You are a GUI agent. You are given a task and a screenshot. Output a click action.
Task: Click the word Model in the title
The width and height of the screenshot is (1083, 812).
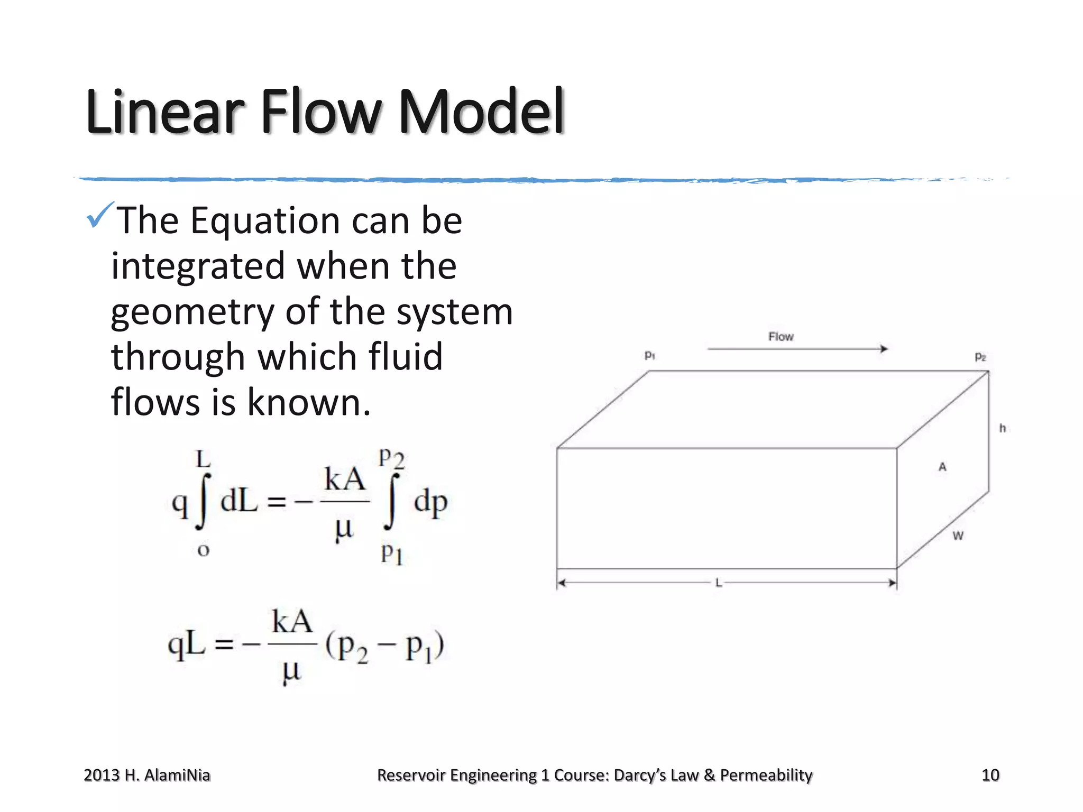point(481,112)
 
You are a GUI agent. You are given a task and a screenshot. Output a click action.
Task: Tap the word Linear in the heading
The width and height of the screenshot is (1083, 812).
point(164,112)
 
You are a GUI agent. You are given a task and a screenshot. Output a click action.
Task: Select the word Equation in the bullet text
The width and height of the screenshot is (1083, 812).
point(265,220)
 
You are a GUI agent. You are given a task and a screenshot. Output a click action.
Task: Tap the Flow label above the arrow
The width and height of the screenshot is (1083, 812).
point(781,337)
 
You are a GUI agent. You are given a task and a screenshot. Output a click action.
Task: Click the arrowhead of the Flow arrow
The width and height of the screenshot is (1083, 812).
point(884,349)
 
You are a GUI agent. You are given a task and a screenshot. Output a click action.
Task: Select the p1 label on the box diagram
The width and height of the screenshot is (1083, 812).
point(650,356)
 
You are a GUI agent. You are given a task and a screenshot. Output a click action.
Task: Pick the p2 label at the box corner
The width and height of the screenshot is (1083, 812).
point(980,357)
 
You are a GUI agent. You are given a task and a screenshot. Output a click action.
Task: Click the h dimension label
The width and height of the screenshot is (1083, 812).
point(1002,428)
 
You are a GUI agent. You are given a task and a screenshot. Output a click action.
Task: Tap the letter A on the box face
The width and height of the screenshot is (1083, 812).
point(942,467)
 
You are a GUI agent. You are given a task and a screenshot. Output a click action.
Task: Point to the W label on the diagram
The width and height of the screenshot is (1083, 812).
point(958,536)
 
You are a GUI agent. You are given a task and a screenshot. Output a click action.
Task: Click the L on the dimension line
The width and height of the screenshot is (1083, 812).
point(719,583)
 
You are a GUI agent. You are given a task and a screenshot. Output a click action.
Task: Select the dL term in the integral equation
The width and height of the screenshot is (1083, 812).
point(239,501)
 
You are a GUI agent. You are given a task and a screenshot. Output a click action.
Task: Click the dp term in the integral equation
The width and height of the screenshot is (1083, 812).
point(430,502)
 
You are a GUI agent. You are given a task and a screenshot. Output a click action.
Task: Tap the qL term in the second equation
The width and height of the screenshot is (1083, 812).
point(186,644)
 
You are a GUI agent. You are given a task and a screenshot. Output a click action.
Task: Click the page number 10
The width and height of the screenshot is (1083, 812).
point(990,775)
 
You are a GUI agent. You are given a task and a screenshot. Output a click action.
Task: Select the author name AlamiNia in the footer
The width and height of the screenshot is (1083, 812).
point(177,775)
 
